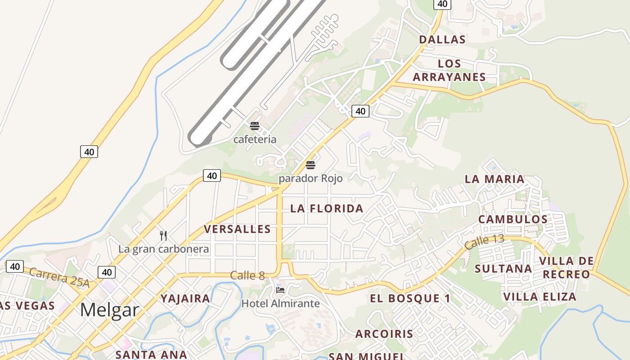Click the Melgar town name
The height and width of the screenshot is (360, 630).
(110, 310)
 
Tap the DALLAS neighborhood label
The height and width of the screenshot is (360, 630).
(442, 40)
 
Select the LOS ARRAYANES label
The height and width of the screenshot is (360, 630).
(449, 71)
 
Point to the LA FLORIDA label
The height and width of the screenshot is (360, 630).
(327, 209)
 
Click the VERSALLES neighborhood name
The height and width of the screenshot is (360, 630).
(238, 229)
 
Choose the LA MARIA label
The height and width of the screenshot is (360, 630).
(495, 179)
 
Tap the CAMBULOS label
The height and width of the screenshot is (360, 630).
(513, 220)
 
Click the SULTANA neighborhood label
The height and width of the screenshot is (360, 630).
(504, 269)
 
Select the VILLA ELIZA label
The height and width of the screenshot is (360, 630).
(540, 297)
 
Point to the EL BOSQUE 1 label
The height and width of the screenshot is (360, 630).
(410, 298)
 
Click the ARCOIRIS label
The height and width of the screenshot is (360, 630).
(384, 334)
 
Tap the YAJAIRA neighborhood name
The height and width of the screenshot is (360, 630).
(185, 299)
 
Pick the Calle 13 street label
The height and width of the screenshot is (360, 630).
(484, 242)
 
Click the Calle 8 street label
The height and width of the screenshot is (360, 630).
(247, 275)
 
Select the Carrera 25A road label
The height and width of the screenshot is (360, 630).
(59, 278)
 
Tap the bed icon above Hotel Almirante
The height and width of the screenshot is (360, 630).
(280, 290)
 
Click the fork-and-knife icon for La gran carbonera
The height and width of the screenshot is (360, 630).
(163, 235)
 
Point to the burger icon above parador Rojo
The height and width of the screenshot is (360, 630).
(310, 165)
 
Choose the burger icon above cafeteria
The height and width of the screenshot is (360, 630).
(255, 126)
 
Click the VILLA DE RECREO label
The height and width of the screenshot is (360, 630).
(566, 268)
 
